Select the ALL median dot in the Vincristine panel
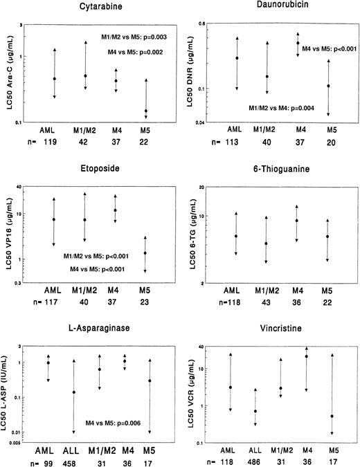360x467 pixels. point(255,411)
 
